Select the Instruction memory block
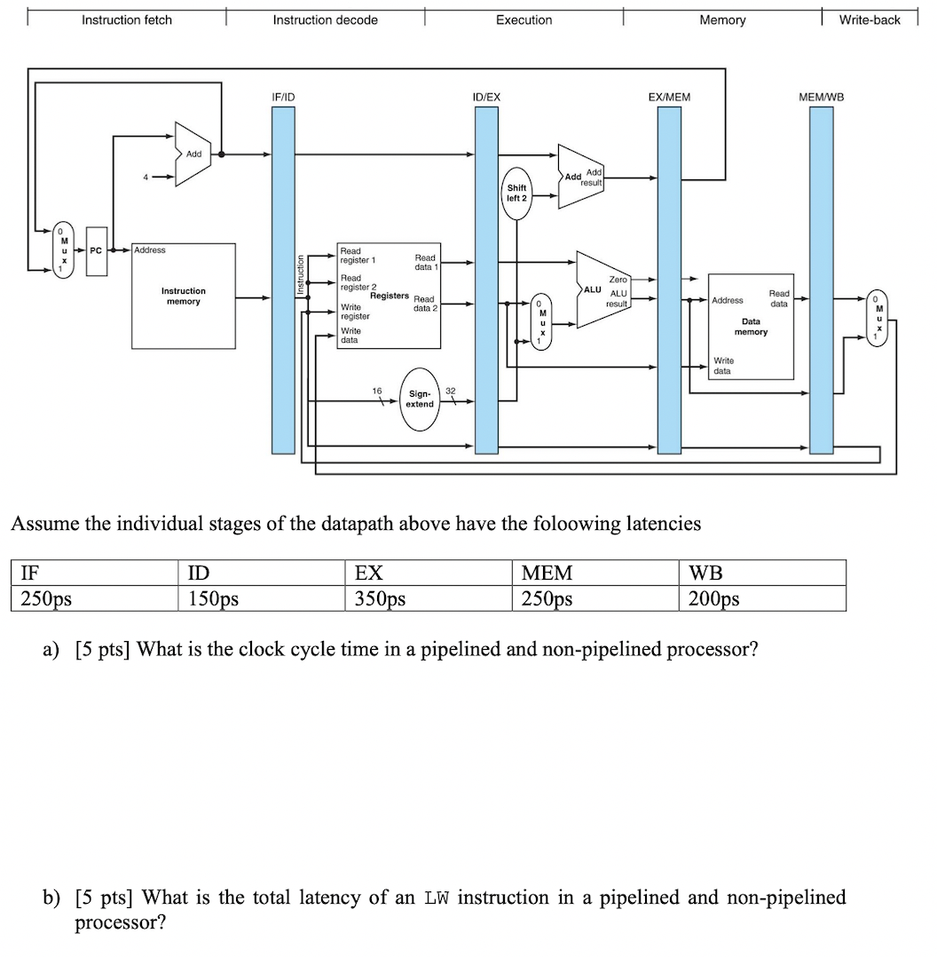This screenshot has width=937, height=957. [184, 297]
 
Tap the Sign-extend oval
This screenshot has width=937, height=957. [420, 399]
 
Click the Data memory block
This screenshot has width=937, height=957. [751, 326]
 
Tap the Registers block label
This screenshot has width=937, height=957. [390, 296]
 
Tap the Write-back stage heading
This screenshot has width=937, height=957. [870, 20]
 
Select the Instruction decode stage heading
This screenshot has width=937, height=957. [325, 20]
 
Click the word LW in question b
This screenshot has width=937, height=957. [436, 898]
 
